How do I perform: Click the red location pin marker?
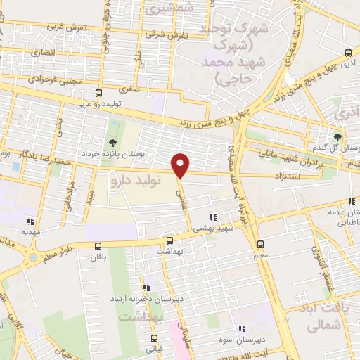[x=181, y=166]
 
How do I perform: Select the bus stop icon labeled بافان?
[x=98, y=246]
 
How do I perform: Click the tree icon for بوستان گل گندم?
[x=338, y=137]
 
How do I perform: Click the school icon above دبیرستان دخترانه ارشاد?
[x=147, y=287]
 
